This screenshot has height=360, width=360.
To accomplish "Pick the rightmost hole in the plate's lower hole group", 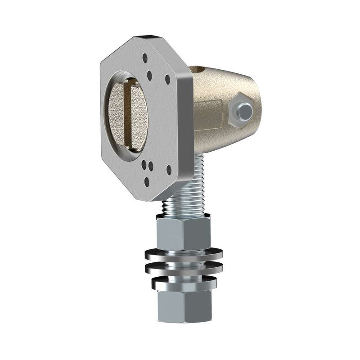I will pyautogui.click(x=169, y=170).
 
